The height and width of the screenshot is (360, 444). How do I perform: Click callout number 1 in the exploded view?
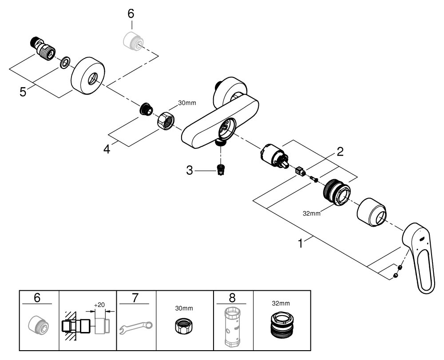pos(301,244)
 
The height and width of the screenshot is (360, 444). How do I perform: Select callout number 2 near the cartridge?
pos(340,152)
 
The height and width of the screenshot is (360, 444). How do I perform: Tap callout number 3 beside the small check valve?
pos(190,171)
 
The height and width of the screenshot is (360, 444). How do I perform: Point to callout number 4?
pos(107,149)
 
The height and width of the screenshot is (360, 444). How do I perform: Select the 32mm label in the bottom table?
pos(281,304)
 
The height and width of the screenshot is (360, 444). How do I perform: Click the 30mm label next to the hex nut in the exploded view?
pos(186,103)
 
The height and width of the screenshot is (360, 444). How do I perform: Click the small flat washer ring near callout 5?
pos(64,63)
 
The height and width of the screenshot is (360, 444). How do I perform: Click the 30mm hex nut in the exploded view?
pos(166,120)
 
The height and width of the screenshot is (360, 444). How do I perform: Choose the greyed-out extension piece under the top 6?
pos(131,40)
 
